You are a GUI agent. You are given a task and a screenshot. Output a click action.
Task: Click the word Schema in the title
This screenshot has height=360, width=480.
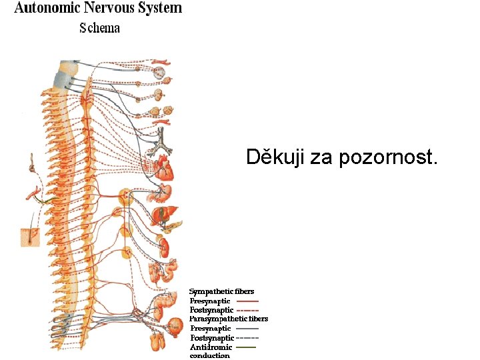coord(99,28)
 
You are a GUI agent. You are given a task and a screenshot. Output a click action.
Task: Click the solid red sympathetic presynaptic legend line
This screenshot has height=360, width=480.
coord(248,301)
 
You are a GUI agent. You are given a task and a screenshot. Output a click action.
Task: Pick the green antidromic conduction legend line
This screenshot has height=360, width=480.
coord(246,347)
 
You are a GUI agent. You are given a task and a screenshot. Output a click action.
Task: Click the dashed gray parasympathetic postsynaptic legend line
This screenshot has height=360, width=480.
coord(247,338)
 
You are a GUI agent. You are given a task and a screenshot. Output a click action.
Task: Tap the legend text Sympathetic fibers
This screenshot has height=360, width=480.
coord(221,291)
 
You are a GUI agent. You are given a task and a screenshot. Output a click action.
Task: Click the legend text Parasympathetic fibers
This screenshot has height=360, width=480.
coord(229,319)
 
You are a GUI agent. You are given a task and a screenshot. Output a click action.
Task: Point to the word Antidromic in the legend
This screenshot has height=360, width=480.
coord(211,347)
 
